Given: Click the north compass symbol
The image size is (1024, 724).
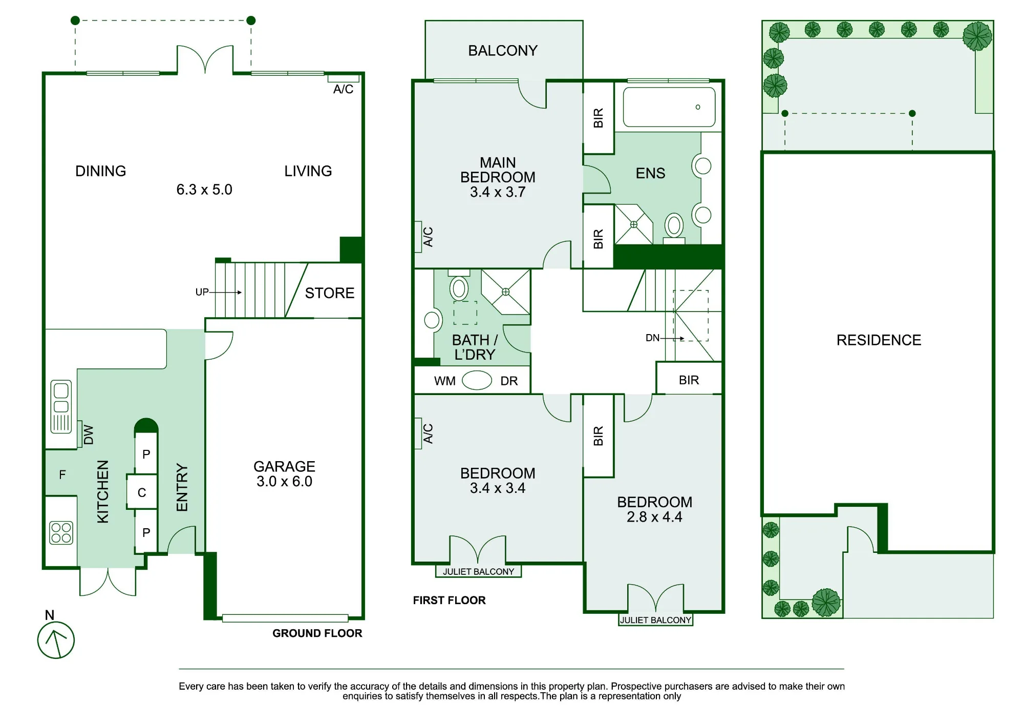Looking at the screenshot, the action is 56,640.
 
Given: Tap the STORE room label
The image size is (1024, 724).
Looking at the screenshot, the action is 330,293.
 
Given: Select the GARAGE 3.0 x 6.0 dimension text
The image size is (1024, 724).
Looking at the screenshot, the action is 284,482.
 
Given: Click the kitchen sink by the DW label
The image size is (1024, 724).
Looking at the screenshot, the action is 61,407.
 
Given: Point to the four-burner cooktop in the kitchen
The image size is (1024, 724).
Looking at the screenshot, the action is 61,533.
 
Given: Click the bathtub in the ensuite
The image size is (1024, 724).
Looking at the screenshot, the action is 669,107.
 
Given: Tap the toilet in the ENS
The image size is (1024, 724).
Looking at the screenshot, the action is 674,229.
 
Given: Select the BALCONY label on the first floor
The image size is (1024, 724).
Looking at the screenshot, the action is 503,51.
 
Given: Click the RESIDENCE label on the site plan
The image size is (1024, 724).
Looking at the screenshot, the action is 879,340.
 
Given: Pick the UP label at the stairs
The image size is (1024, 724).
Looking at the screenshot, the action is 202,292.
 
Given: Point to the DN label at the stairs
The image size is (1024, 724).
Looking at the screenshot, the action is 652,338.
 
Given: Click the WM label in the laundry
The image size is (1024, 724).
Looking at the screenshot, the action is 444,381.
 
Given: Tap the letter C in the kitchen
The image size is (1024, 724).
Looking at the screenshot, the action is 142,493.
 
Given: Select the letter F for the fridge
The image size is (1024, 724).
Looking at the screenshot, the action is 62,475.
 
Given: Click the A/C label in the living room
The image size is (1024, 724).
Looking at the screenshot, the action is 343,90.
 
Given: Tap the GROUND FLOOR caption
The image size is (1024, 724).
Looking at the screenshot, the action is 317,633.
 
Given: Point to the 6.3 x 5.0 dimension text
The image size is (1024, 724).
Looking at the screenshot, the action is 204,190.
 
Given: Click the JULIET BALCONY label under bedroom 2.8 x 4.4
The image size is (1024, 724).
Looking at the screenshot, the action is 656,620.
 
